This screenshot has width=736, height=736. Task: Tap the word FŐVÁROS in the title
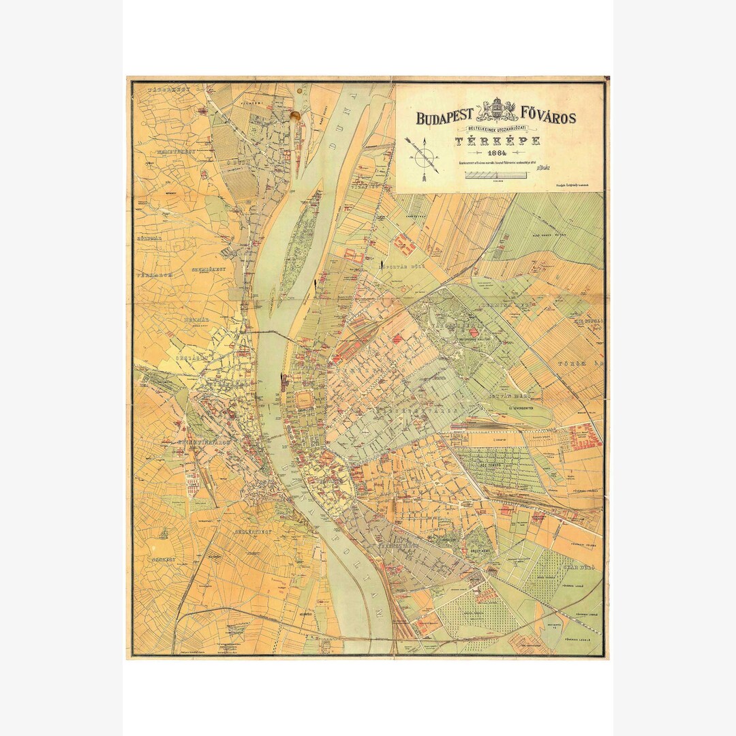[x=548, y=117]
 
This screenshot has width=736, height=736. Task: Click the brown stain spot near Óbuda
[x=295, y=117]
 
